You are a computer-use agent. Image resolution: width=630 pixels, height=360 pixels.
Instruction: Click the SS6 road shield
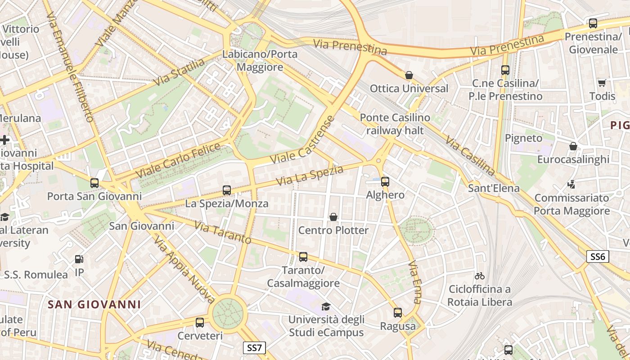[x=598, y=257]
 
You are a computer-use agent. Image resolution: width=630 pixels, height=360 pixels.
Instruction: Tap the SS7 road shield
[x=254, y=348]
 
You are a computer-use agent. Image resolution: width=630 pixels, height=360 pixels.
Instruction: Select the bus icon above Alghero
[x=385, y=182]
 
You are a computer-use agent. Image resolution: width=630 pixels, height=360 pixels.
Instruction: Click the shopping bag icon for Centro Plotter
[x=333, y=217]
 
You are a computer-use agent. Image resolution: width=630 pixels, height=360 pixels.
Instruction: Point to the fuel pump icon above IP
[x=79, y=259]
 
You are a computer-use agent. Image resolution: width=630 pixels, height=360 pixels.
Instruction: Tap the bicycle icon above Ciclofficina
[x=480, y=275]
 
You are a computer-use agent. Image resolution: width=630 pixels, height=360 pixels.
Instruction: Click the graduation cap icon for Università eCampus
[x=326, y=307]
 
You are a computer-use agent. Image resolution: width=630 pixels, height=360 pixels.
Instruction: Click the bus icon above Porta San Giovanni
[x=94, y=183]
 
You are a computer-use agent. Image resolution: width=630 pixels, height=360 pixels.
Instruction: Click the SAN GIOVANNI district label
[x=94, y=305]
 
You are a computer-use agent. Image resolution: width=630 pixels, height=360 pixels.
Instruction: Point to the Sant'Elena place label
[x=494, y=188]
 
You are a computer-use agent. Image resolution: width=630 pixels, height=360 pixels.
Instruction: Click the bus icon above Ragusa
[x=398, y=313]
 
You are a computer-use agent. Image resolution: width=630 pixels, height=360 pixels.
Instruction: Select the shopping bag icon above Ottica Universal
[x=409, y=75]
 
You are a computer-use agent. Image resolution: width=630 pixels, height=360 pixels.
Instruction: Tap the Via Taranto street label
[x=222, y=232]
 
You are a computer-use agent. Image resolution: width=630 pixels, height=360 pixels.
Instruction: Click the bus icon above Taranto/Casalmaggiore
[x=303, y=257]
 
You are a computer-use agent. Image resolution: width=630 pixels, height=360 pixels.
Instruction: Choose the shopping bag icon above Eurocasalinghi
[x=573, y=146]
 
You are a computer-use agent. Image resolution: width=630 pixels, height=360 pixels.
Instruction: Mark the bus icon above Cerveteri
[x=200, y=323]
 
